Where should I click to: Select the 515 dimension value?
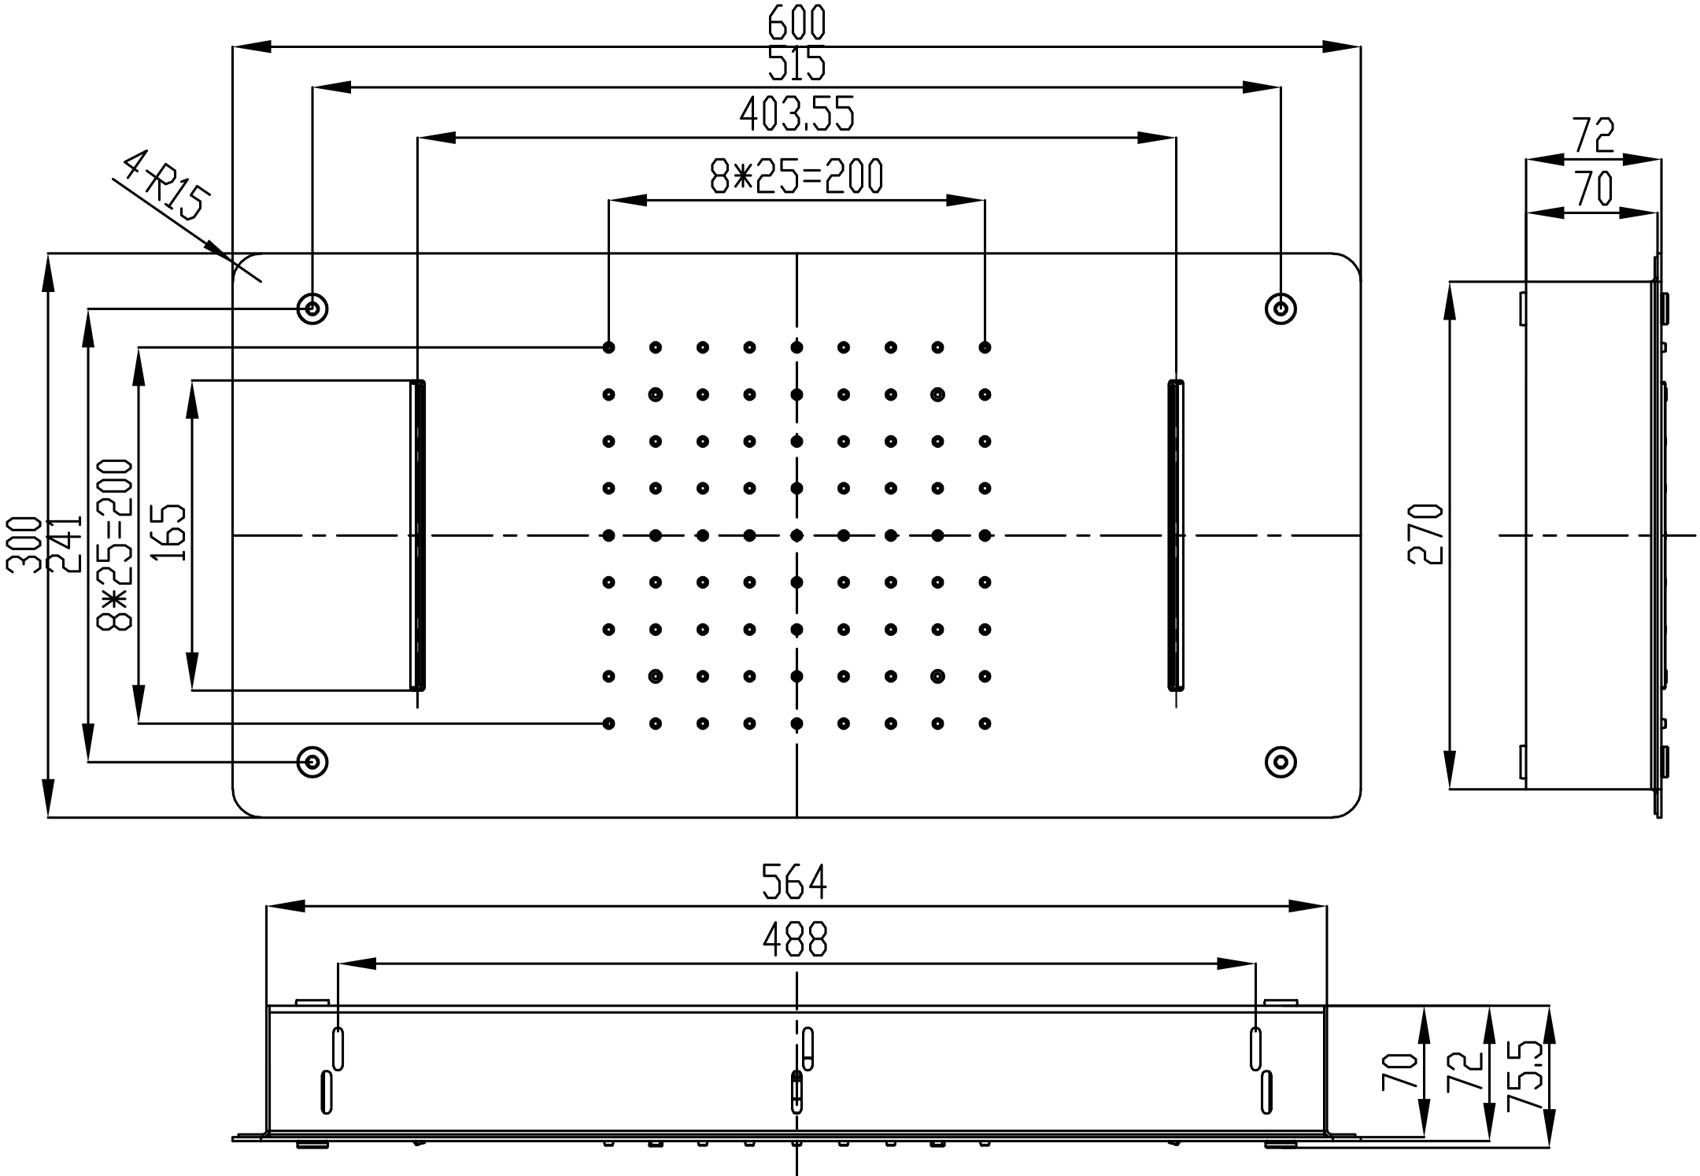[796, 65]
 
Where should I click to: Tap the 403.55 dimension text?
[796, 115]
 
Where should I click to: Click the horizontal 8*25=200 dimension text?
[796, 176]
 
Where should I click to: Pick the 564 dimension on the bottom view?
[795, 882]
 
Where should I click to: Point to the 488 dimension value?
[795, 940]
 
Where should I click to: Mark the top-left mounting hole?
[312, 308]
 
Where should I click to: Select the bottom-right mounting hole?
[1281, 762]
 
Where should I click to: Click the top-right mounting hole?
[1281, 308]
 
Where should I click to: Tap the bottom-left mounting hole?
[312, 762]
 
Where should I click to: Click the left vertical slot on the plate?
[418, 535]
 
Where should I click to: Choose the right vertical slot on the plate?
[1175, 535]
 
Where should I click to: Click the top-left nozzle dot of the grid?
[608, 347]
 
